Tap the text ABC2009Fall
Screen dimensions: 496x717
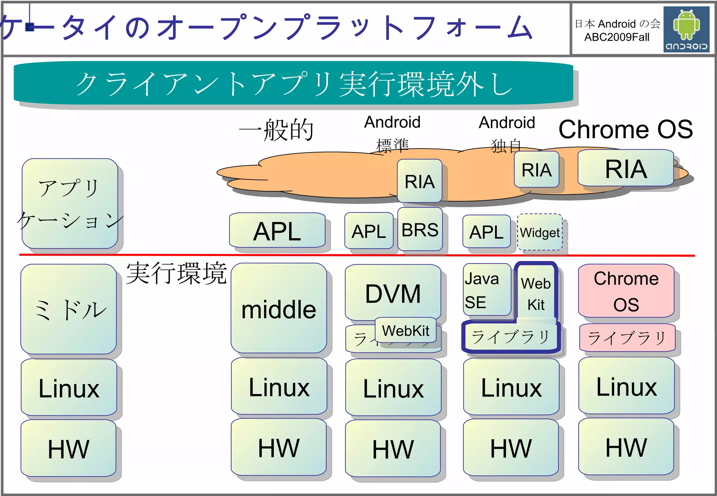617,37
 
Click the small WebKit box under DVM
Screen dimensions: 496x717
405,330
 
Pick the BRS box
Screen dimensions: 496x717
420,229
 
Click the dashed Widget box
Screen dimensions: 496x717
540,232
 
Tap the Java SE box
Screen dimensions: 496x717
487,290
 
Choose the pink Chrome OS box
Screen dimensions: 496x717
626,291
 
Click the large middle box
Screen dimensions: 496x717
279,308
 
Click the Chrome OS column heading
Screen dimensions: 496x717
625,129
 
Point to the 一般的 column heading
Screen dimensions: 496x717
276,130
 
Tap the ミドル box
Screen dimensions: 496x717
69,309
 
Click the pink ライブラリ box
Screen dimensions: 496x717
627,338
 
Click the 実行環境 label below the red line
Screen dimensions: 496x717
176,273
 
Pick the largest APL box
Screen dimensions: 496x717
277,231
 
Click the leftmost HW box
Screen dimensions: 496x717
69,448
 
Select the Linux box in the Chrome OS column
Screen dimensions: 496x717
626,386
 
